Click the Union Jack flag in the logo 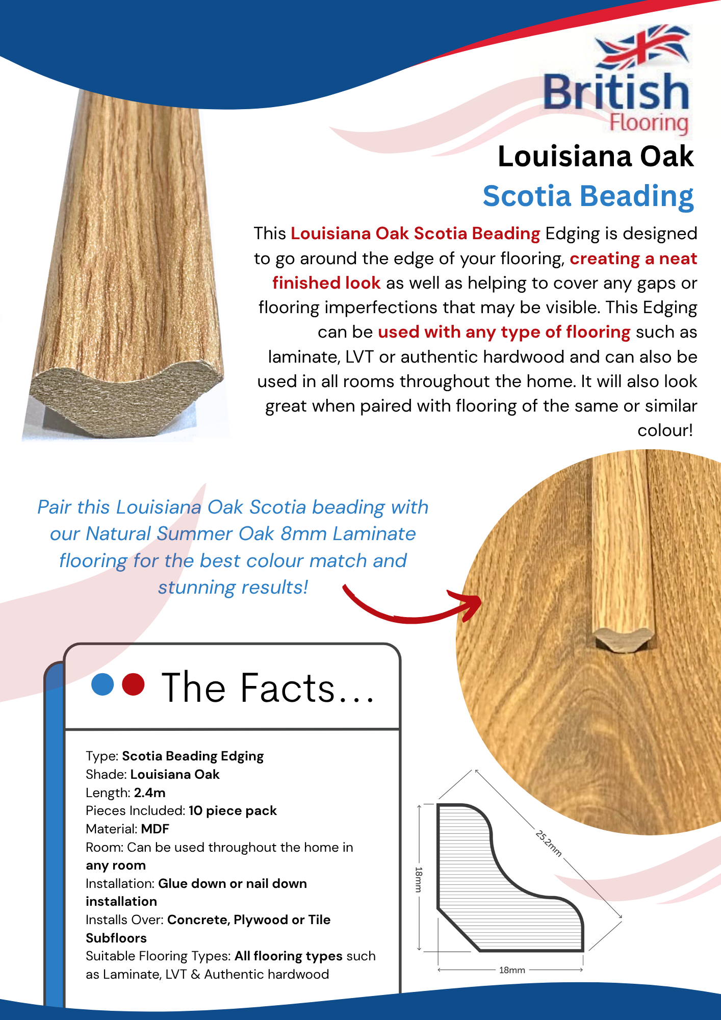[642, 47]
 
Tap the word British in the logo [616, 92]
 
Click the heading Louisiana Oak [596, 156]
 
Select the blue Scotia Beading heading [588, 196]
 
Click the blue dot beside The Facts [102, 684]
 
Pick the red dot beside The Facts [134, 684]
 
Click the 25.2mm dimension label [549, 843]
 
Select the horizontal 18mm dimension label [512, 970]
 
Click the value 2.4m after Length [150, 793]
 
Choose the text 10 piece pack [233, 811]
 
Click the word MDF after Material [155, 829]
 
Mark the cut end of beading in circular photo [624, 640]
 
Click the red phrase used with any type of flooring [504, 332]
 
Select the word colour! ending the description [665, 430]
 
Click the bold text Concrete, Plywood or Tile [249, 920]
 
